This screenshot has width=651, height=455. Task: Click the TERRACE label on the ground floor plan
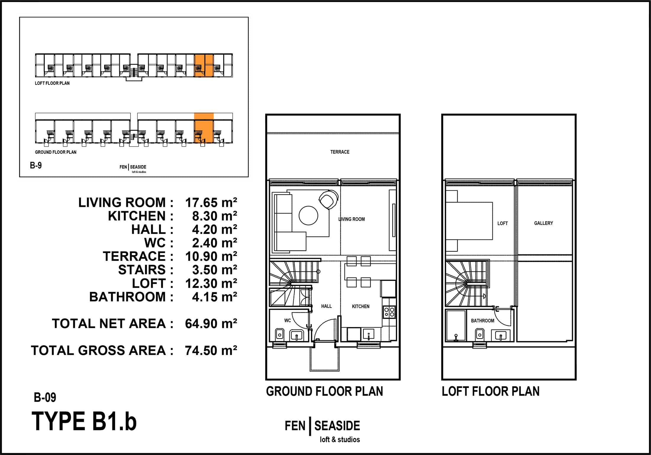point(340,152)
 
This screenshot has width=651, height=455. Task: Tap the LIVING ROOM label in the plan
point(352,219)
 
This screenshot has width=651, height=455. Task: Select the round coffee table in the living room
point(308,216)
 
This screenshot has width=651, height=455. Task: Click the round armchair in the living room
point(328,200)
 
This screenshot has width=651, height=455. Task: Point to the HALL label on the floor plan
point(326,306)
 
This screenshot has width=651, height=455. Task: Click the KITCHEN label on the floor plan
point(361,306)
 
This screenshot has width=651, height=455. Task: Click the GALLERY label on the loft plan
point(543,223)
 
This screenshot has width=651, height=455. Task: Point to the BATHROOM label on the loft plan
point(483,321)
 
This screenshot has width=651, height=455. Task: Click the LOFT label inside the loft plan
point(502,224)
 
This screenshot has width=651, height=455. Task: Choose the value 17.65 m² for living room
point(211,203)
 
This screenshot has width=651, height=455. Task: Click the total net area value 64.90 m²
point(211,323)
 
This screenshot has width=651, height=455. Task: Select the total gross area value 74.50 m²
point(211,350)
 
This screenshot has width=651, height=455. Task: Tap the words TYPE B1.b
point(84,421)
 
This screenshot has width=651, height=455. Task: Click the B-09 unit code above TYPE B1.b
point(45,397)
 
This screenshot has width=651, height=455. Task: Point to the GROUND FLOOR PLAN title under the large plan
point(324,391)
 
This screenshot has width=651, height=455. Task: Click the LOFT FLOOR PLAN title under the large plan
point(491,391)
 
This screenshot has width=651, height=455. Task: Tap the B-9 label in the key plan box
point(36,165)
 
